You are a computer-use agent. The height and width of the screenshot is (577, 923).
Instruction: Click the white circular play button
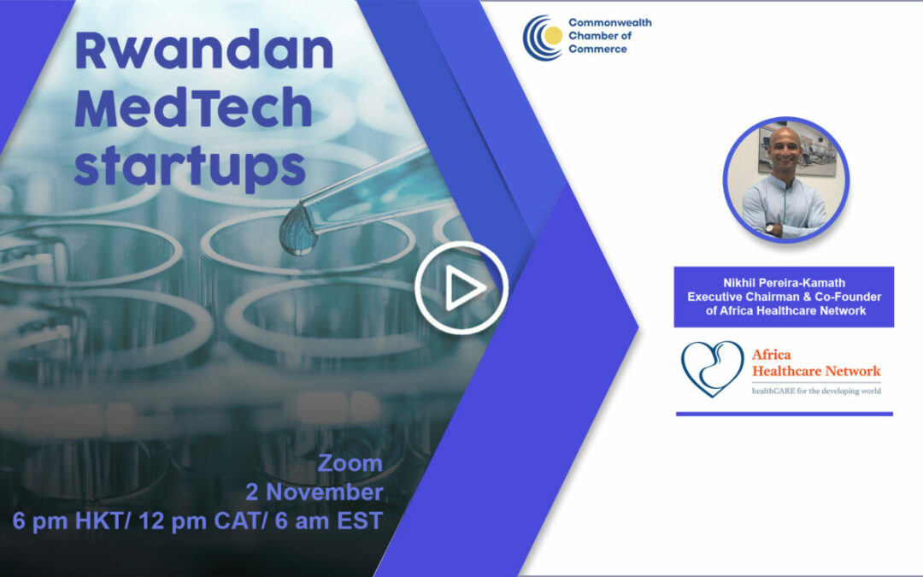coord(461,289)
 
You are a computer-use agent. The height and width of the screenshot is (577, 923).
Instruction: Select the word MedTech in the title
coord(192,109)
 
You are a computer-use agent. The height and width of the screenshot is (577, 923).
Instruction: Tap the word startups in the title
coord(189,166)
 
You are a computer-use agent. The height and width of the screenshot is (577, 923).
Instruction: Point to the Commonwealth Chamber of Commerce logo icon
coord(544,37)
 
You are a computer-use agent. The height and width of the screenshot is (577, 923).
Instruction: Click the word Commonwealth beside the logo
coord(609,23)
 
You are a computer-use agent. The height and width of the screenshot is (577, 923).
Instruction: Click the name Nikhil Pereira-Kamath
coord(784,282)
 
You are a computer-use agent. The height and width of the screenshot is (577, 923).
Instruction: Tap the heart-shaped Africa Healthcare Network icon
coord(712,368)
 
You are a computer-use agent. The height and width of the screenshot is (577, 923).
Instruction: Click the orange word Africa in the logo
coord(771,354)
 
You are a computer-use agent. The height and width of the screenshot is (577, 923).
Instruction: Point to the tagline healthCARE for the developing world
coord(815,391)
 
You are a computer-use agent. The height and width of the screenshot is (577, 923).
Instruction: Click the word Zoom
coord(350,464)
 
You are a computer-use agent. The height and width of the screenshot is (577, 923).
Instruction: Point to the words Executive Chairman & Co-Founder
coord(784,297)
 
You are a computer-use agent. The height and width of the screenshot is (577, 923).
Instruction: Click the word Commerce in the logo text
coord(597,49)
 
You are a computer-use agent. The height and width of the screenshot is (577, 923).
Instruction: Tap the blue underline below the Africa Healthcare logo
coord(784,414)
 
